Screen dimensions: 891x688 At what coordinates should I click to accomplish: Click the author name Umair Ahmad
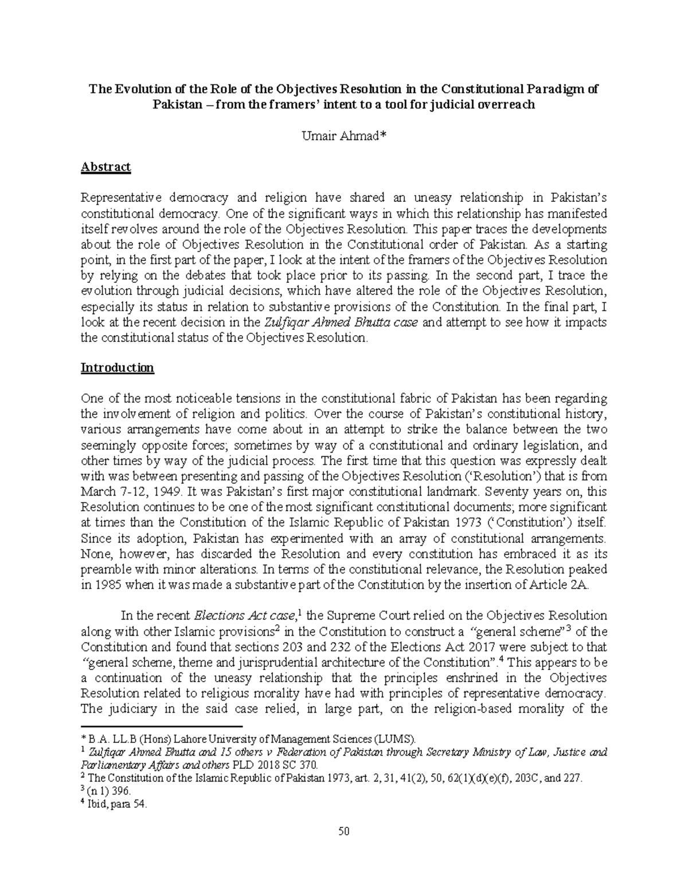click(x=343, y=136)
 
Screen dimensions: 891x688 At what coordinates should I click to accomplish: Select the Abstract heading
click(x=106, y=167)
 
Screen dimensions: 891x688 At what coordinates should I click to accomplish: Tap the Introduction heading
click(x=118, y=367)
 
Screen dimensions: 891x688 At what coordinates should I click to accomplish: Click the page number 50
click(x=344, y=831)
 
